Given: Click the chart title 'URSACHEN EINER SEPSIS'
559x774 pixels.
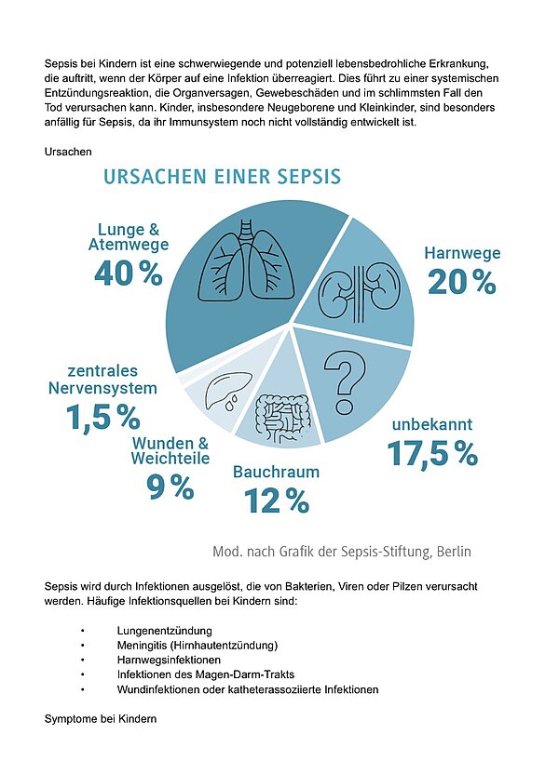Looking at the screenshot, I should coord(222,176).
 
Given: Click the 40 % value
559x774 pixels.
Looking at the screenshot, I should coord(128,273).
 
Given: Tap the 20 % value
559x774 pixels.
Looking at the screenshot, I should coord(461,281).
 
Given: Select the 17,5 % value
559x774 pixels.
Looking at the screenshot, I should coord(432,453).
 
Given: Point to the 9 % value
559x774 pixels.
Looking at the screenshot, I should coord(170,486).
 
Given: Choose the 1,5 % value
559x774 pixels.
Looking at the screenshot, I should coord(102,418).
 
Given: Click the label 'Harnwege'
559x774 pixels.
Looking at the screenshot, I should coord(462,253).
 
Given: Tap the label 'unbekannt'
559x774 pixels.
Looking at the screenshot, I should coord(432,424).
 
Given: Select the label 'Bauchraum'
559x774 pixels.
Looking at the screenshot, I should coord(276,473).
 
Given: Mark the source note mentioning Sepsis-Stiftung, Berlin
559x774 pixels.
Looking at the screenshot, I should coord(342,552).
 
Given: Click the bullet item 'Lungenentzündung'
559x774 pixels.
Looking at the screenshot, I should coord(160,631).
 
